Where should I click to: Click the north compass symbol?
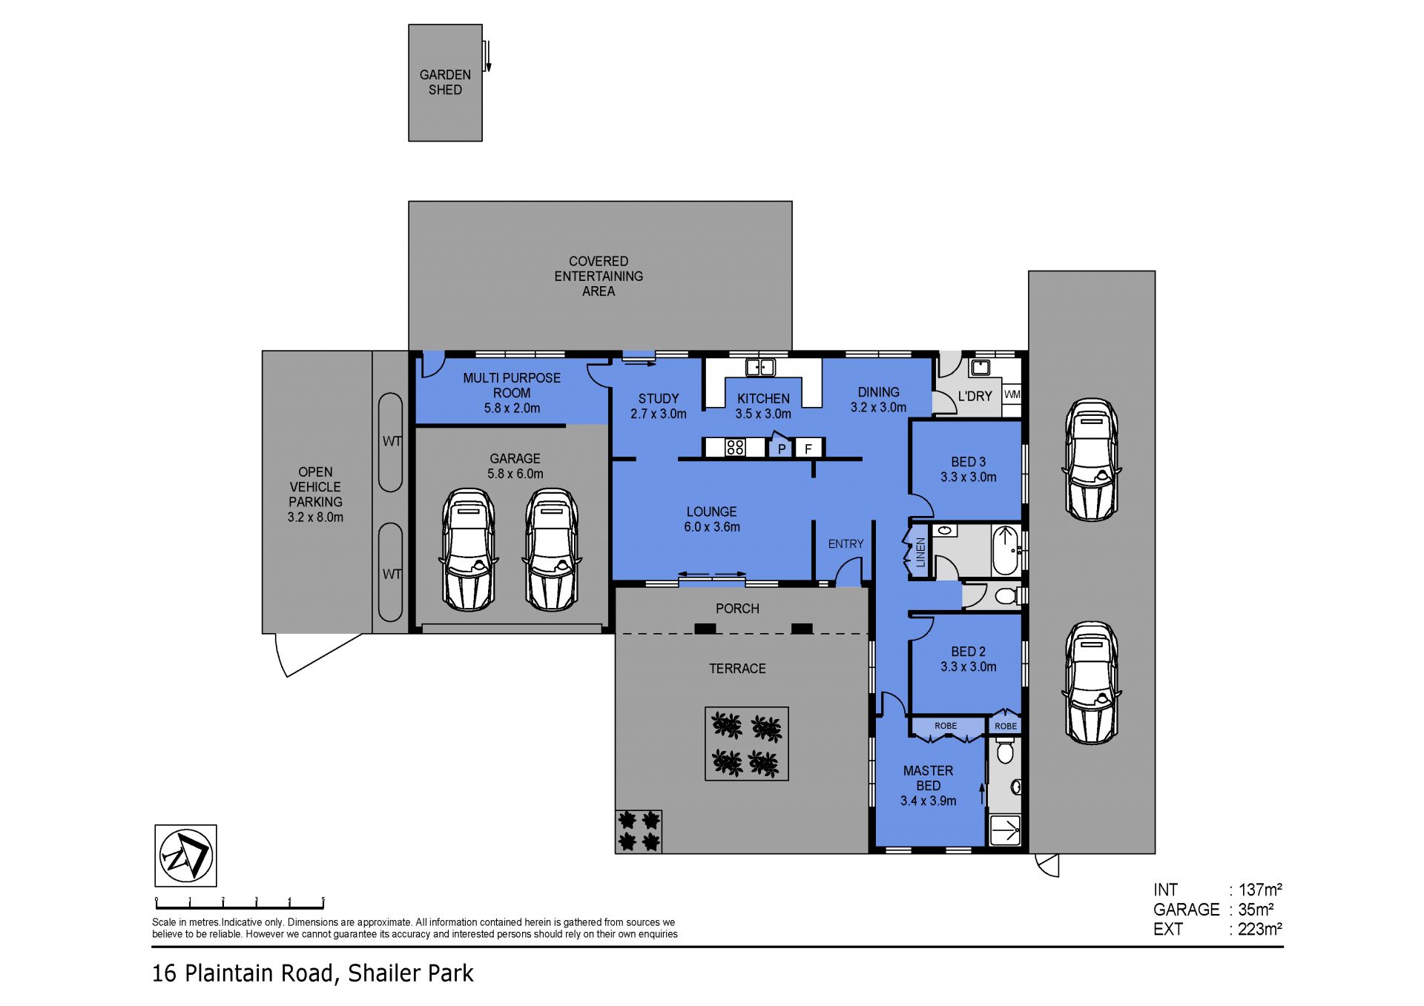(185, 856)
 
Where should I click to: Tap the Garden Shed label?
(445, 82)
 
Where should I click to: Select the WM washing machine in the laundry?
(1012, 394)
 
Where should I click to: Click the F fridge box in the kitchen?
(808, 448)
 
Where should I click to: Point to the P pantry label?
(782, 449)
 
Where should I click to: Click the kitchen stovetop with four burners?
(735, 447)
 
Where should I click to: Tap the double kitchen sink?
(760, 367)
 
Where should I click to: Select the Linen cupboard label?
(920, 552)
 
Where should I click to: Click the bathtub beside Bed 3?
(1005, 550)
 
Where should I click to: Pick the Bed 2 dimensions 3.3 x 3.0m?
(968, 666)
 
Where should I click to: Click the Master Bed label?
(928, 778)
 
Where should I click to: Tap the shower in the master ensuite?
(1005, 830)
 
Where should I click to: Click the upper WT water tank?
(390, 442)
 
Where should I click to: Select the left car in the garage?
(468, 549)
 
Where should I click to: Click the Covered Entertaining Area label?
(599, 276)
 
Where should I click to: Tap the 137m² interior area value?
(1260, 889)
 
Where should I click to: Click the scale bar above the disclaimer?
(240, 903)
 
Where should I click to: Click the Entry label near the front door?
(845, 544)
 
